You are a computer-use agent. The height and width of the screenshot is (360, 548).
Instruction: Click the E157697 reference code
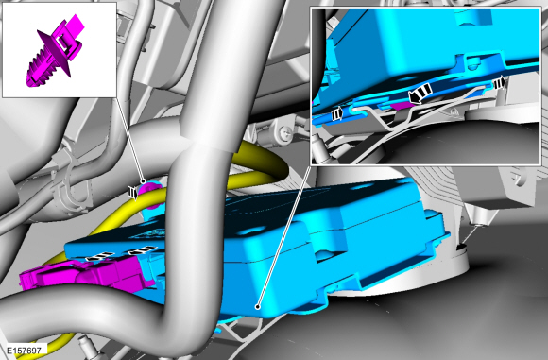coord(24,350)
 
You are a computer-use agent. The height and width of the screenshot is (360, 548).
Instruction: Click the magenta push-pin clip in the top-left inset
coord(56,51)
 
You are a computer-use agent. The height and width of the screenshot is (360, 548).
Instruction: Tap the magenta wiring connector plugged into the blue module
coord(86,277)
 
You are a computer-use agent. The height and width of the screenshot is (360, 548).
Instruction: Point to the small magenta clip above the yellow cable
coord(151,195)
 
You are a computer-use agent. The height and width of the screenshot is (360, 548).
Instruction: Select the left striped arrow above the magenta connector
coord(95,256)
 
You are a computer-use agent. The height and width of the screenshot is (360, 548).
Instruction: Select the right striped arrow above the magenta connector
coord(142,249)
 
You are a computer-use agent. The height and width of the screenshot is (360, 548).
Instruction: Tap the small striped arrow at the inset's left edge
coord(338,114)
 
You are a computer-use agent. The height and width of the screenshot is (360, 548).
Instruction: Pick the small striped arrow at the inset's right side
coord(499,83)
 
